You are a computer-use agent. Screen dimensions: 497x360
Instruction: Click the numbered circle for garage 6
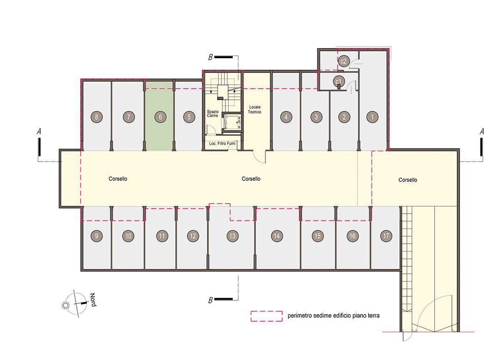pyautogui.click(x=160, y=117)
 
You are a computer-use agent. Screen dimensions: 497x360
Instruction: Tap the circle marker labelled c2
pyautogui.click(x=344, y=61)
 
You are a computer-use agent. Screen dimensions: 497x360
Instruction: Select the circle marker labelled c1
pyautogui.click(x=339, y=82)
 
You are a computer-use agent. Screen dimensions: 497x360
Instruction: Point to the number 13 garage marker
pyautogui.click(x=232, y=236)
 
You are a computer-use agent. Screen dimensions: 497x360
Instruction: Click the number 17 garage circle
pyautogui.click(x=386, y=236)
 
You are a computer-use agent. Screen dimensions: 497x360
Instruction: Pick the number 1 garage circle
pyautogui.click(x=372, y=117)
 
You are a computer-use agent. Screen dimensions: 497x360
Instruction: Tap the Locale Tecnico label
pyautogui.click(x=255, y=109)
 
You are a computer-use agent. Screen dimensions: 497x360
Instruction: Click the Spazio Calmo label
pyautogui.click(x=212, y=114)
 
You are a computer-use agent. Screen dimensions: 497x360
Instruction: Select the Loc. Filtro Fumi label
pyautogui.click(x=222, y=144)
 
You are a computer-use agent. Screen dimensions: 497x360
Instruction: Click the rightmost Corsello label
pyautogui.click(x=407, y=180)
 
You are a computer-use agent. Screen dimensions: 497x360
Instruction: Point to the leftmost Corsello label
pyautogui.click(x=118, y=179)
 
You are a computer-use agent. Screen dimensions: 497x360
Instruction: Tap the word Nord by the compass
pyautogui.click(x=93, y=300)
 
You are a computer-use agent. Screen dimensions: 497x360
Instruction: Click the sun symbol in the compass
pyautogui.click(x=66, y=305)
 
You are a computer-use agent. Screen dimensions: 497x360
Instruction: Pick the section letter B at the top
pyautogui.click(x=210, y=57)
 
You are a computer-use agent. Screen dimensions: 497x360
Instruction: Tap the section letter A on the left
pyautogui.click(x=39, y=132)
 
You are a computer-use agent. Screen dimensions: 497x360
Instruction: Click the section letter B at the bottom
pyautogui.click(x=210, y=300)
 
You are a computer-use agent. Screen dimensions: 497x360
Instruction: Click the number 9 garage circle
pyautogui.click(x=97, y=236)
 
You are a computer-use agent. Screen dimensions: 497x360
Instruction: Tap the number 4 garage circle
pyautogui.click(x=286, y=117)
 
